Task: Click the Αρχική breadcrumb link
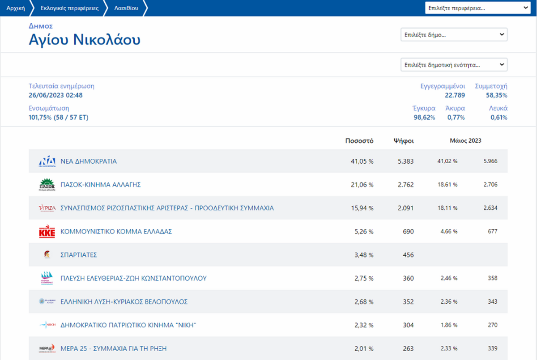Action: click(x=16, y=8)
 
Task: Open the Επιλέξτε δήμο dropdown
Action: click(x=454, y=35)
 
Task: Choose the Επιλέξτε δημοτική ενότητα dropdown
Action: click(x=454, y=65)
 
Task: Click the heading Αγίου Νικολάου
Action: click(x=85, y=40)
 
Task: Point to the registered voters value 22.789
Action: click(x=455, y=95)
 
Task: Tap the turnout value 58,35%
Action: click(x=496, y=95)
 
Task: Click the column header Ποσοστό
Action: click(x=359, y=141)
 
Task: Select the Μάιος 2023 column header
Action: click(x=465, y=141)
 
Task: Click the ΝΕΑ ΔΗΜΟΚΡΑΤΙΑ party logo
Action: click(x=47, y=161)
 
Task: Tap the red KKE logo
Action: click(x=47, y=232)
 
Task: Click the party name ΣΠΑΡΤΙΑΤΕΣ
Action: click(x=79, y=255)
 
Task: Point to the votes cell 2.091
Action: click(x=405, y=208)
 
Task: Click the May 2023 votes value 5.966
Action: click(x=490, y=161)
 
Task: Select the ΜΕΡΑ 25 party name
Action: click(x=114, y=348)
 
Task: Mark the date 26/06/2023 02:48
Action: click(x=55, y=95)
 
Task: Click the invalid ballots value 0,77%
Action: click(x=456, y=118)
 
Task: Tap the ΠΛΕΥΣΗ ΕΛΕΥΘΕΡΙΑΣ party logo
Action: click(x=47, y=278)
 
